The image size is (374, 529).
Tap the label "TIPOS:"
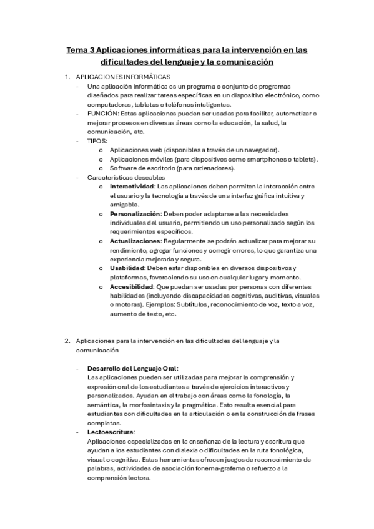[x=97, y=141]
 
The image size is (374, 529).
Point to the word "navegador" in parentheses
[x=260, y=150]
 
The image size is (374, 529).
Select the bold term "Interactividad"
[x=132, y=187]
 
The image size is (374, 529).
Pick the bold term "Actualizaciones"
[x=135, y=241]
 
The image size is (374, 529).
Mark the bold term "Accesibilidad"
[x=132, y=286]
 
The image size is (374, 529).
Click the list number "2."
[x=67, y=341]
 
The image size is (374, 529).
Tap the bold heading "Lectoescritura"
[x=112, y=432]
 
